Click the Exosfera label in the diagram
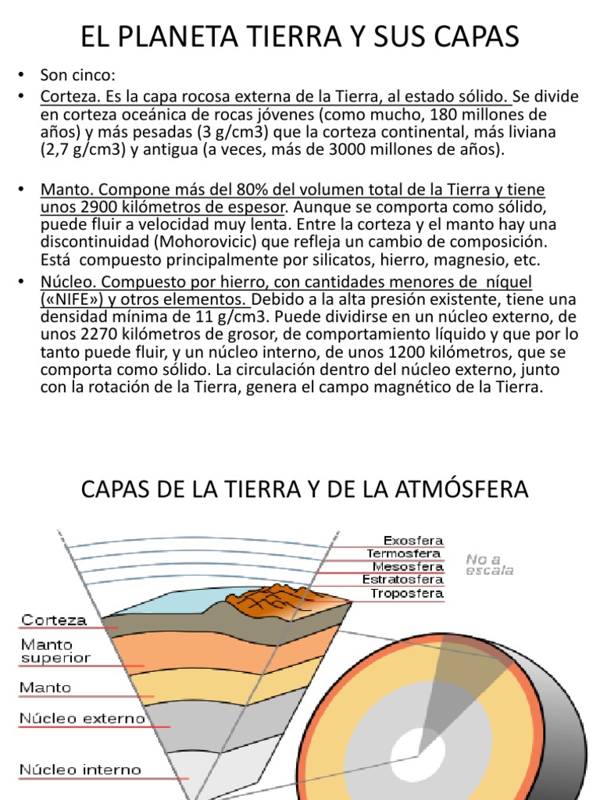click(x=413, y=540)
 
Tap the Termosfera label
click(x=403, y=553)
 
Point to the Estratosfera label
click(x=403, y=580)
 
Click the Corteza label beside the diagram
click(x=54, y=620)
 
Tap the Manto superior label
click(x=55, y=652)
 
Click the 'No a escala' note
click(x=490, y=564)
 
